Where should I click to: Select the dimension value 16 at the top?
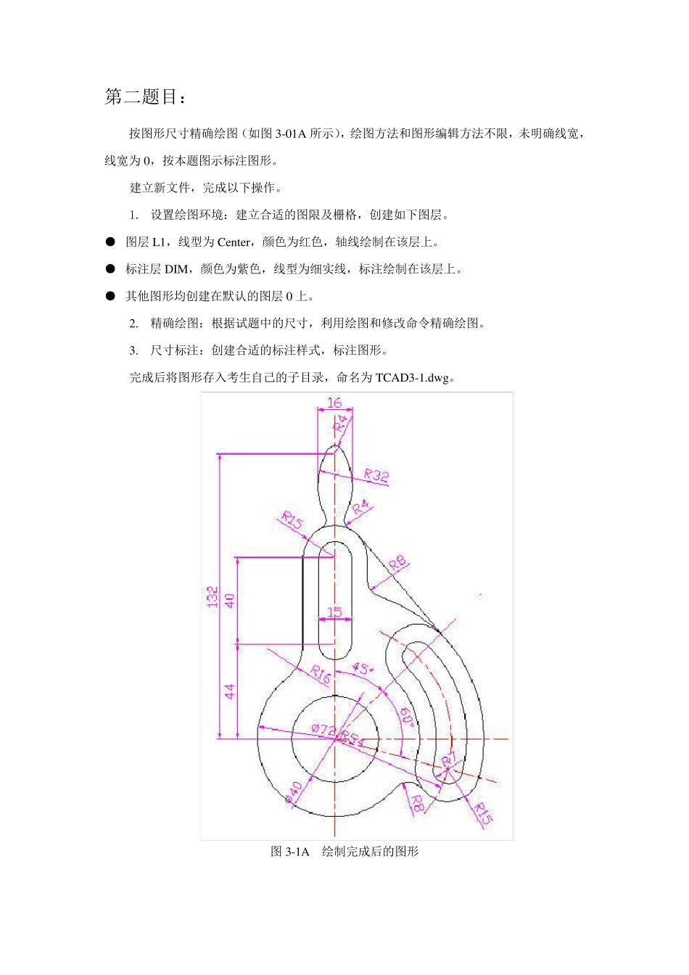(x=334, y=403)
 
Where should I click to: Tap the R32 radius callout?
(x=376, y=476)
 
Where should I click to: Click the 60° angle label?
(x=407, y=717)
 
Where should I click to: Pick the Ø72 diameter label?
(x=323, y=730)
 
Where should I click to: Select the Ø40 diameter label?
(x=294, y=792)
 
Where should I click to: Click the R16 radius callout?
(x=320, y=674)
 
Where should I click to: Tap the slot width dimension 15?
(x=334, y=612)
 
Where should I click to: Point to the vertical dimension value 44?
(x=230, y=691)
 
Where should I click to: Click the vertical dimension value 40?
(x=230, y=601)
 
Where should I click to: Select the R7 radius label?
(x=449, y=760)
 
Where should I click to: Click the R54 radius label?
(x=353, y=739)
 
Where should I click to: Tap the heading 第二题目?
(x=146, y=97)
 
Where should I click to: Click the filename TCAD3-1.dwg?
(x=411, y=378)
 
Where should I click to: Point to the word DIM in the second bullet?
(x=176, y=269)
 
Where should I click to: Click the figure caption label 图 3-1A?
(x=290, y=852)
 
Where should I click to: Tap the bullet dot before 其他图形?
(x=110, y=296)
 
